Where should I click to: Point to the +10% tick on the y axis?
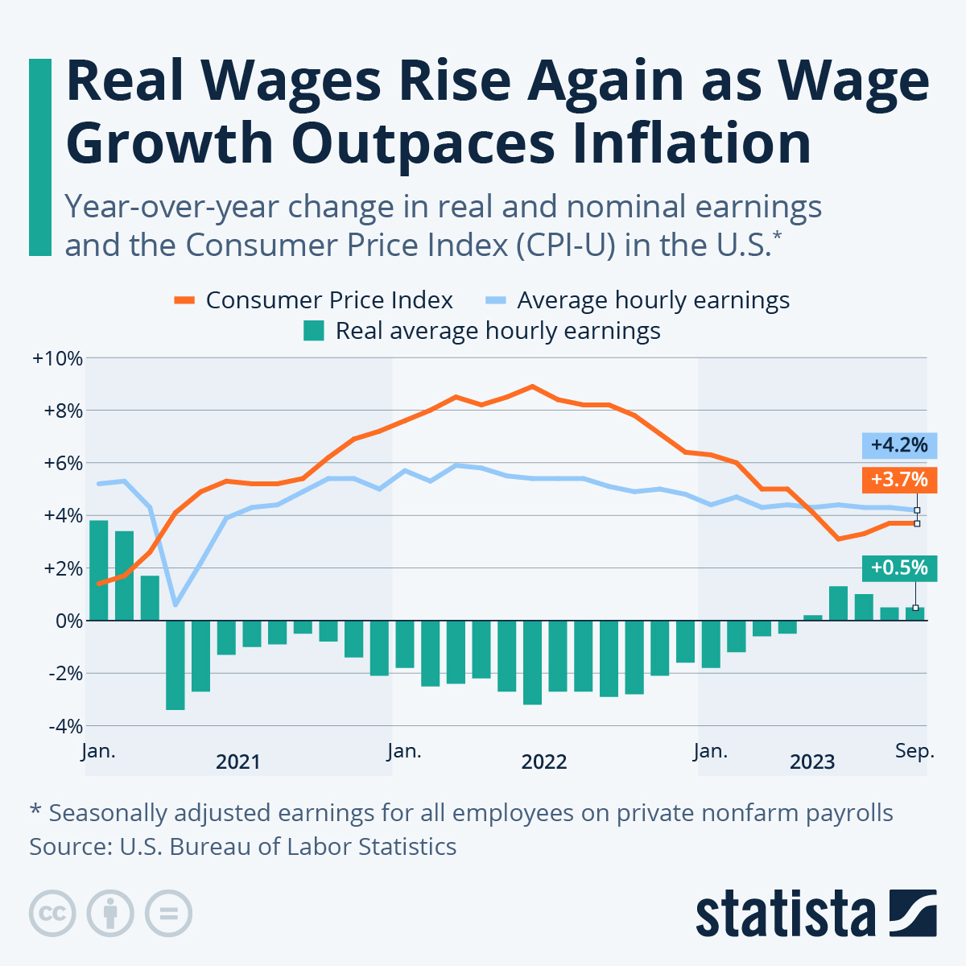pos(57,358)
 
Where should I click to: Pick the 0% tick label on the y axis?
pos(68,621)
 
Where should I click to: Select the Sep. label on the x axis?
pos(914,751)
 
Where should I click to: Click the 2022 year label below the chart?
pos(544,762)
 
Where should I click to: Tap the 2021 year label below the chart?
pos(238,762)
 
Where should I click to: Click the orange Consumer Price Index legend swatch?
pos(184,300)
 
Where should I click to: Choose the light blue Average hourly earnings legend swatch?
pos(496,300)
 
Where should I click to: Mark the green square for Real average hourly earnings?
pos(314,331)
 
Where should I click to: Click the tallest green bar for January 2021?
pos(98,570)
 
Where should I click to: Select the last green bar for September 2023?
pos(914,613)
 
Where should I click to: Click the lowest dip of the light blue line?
pos(175,605)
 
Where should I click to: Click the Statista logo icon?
pos(913,913)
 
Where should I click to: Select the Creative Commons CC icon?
pos(52,913)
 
